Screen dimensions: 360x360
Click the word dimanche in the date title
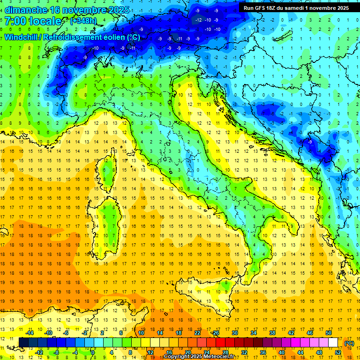tap(26, 10)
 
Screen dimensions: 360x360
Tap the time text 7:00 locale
tap(33, 21)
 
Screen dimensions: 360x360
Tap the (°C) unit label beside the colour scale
tap(349, 343)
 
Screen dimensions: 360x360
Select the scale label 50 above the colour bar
tap(329, 333)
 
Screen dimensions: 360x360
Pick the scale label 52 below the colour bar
tap(338, 352)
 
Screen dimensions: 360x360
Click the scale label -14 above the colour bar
tap(30, 333)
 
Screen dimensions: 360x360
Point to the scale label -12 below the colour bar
tap(39, 352)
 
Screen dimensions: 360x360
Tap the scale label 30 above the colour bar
tap(235, 333)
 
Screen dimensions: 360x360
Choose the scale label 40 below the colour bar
tap(282, 352)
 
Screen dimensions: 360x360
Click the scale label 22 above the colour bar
tap(197, 333)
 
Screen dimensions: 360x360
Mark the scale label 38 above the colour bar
tap(272, 333)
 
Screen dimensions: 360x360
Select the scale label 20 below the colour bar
tap(188, 352)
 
